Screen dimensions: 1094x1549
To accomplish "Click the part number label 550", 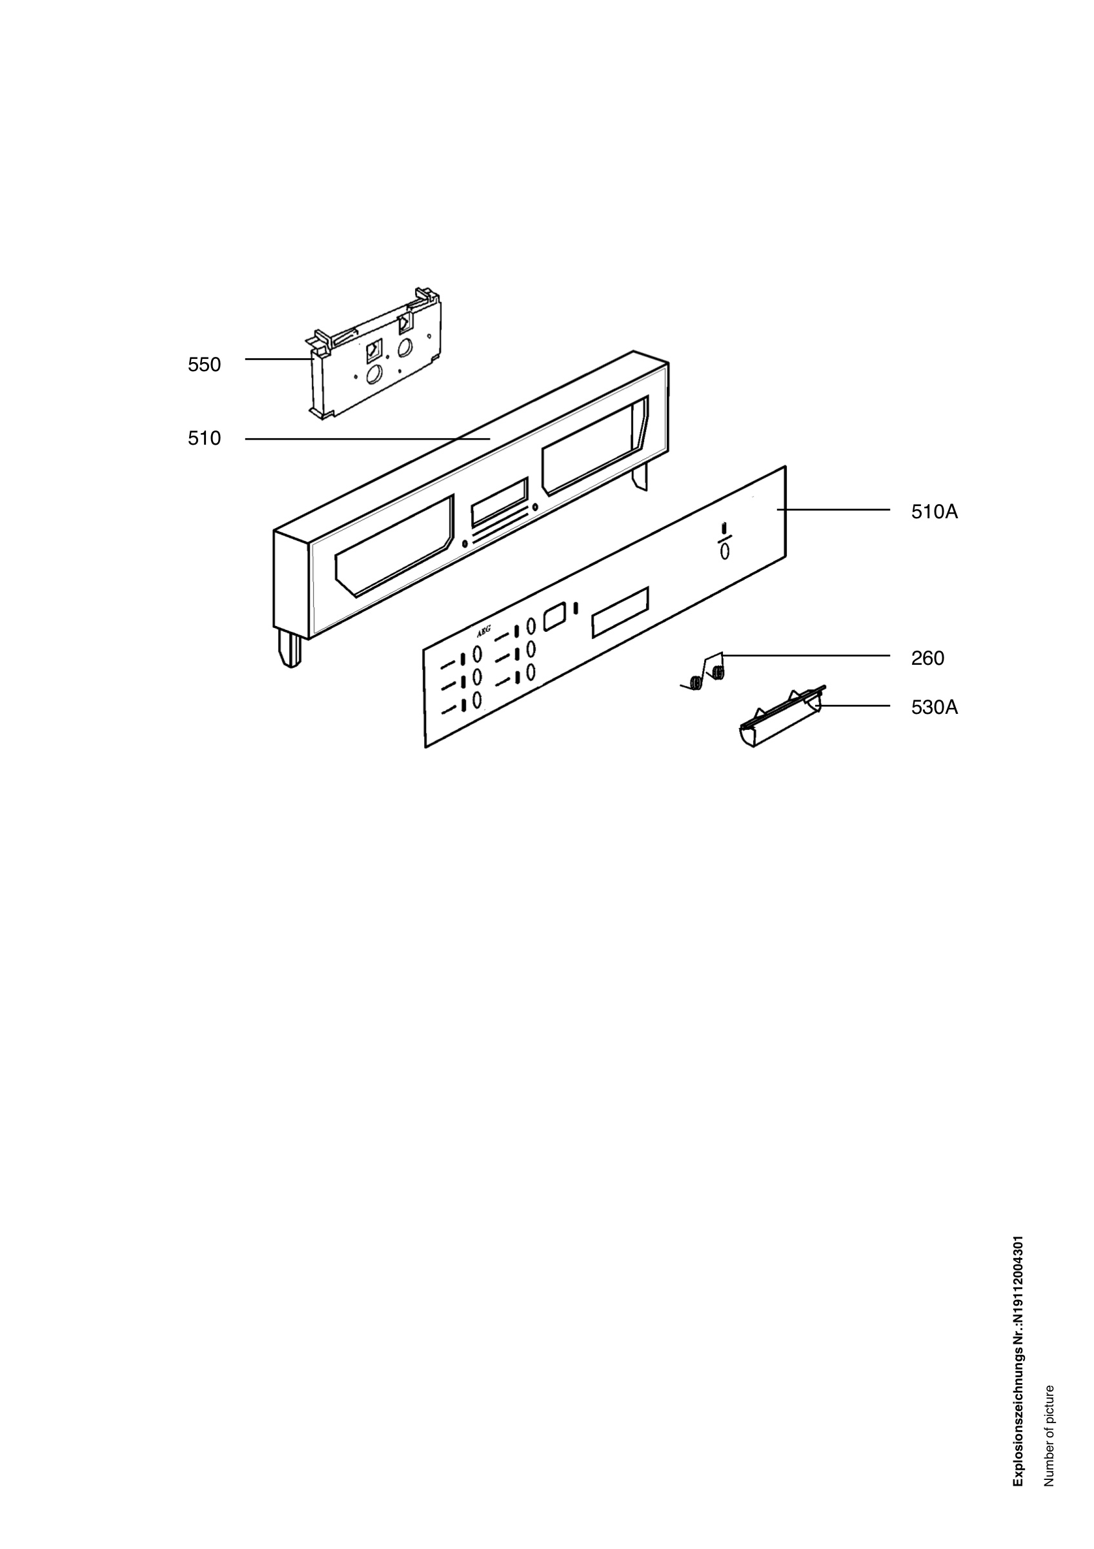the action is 205,364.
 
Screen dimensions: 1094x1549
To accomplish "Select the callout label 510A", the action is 934,512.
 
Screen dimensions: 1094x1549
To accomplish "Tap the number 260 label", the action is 927,658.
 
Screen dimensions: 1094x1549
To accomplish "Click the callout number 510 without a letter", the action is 205,438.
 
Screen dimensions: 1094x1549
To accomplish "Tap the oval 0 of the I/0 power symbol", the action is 724,551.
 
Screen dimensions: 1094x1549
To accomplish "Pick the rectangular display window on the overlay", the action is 620,612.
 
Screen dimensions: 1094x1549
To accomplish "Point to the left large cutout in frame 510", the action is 394,547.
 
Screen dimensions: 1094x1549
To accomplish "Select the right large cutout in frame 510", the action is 594,446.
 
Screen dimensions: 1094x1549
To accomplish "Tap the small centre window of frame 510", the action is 499,502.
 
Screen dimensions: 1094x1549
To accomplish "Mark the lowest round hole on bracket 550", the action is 374,375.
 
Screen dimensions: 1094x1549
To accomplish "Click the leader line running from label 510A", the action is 834,510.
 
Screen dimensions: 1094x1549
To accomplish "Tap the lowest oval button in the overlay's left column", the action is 477,700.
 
